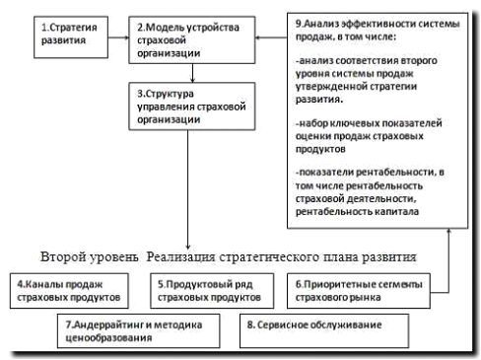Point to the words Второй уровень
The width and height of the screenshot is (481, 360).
pyautogui.click(x=91, y=255)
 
